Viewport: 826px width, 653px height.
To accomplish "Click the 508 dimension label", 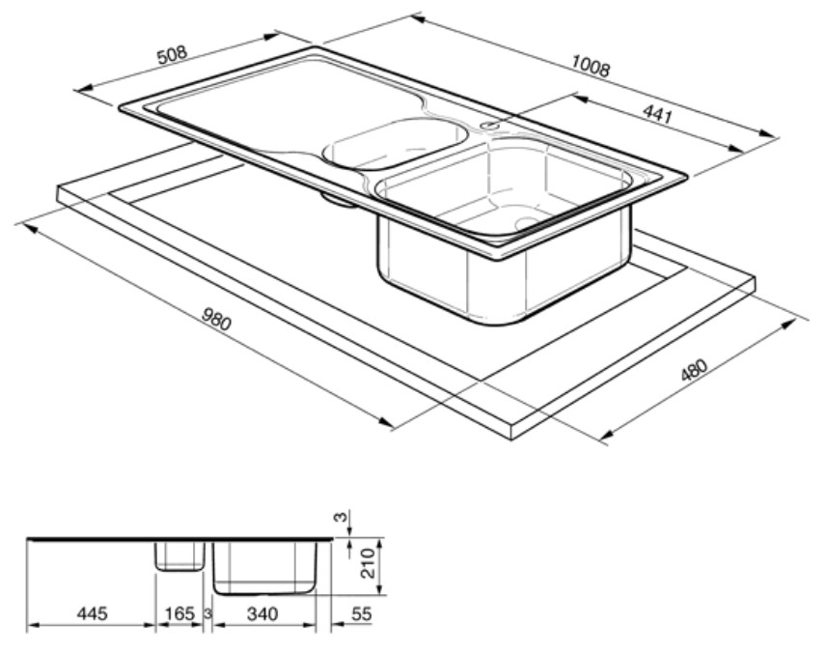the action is click(x=173, y=55).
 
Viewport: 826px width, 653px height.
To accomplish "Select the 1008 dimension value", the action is click(x=591, y=66).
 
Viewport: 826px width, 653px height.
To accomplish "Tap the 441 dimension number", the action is click(x=658, y=113).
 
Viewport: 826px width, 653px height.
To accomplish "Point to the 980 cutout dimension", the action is click(x=216, y=320).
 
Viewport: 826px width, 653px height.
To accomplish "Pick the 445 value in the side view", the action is click(x=92, y=613).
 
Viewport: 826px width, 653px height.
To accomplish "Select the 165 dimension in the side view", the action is click(x=179, y=613).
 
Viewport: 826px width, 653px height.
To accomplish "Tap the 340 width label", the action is click(x=262, y=613).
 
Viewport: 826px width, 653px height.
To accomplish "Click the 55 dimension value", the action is click(x=361, y=613).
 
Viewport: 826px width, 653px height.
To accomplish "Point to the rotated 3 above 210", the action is click(x=343, y=517).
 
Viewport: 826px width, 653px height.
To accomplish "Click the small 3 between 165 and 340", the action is click(x=208, y=613).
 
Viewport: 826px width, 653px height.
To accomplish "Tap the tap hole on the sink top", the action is click(x=490, y=126).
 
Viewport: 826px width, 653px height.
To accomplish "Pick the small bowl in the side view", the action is click(x=179, y=556).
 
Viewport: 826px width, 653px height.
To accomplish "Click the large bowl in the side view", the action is click(x=265, y=568).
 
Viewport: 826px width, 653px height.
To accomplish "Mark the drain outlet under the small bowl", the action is click(x=338, y=200).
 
